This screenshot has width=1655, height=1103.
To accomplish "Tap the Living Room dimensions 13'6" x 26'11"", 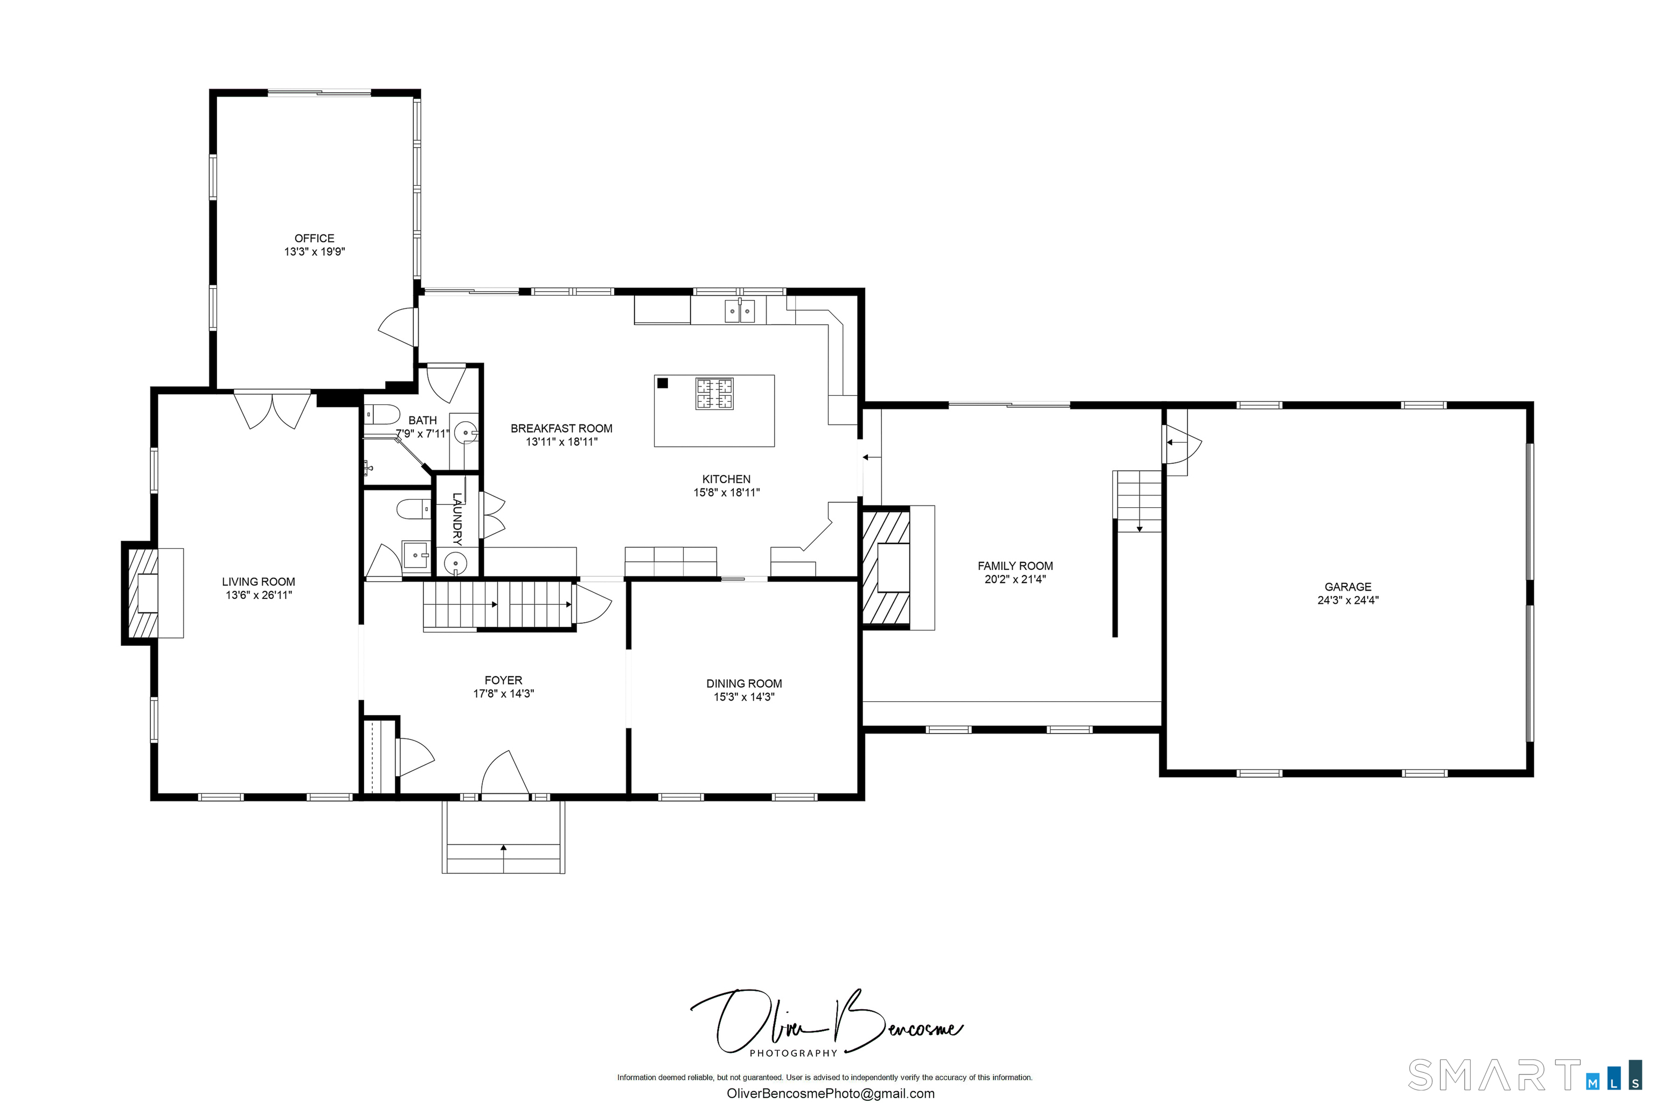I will (x=258, y=595).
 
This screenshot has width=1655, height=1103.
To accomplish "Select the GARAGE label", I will (x=1347, y=587).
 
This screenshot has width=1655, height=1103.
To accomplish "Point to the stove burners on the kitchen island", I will (x=714, y=394).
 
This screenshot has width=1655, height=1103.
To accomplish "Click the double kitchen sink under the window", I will (x=740, y=310).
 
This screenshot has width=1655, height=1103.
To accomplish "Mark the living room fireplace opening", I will (x=148, y=593).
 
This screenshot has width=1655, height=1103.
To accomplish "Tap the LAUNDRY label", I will (x=457, y=519).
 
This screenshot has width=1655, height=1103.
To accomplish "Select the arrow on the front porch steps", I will (x=503, y=848).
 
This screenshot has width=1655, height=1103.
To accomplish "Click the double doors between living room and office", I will (x=272, y=409).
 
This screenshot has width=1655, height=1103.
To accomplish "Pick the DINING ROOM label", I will (x=744, y=683).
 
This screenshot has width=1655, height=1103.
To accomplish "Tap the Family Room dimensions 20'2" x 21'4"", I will (x=1014, y=580).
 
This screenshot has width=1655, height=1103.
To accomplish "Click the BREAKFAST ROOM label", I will (x=561, y=428).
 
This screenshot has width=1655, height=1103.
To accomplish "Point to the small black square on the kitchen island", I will (x=662, y=383).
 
